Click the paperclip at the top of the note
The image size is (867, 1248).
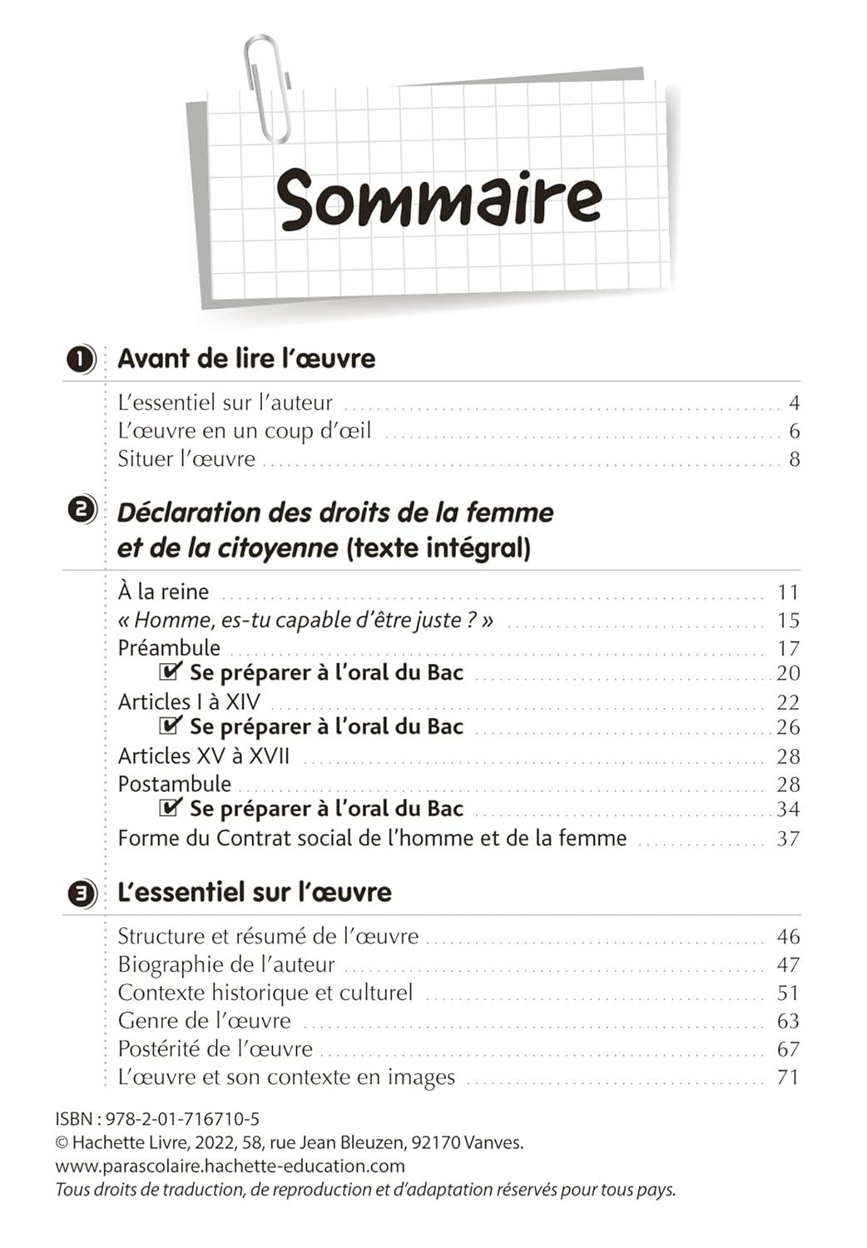pos(268,87)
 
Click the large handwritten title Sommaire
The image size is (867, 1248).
pos(438,200)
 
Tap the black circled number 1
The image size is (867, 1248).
pos(79,359)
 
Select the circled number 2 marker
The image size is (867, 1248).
pos(81,509)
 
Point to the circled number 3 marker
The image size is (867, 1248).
pos(81,894)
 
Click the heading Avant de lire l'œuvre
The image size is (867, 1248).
pos(246,359)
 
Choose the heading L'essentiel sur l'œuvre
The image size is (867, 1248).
pos(255,892)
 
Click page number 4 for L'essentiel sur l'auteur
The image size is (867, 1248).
pos(794,404)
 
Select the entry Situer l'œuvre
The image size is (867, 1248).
pos(186,459)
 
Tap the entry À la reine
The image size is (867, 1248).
pos(163,592)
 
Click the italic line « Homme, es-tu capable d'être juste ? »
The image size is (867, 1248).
pos(305,621)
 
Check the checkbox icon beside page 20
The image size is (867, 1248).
pos(171,671)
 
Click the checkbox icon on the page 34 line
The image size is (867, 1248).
pos(171,807)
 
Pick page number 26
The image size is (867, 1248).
pos(787,727)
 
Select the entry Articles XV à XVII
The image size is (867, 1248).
pos(204,756)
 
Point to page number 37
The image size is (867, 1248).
pos(787,839)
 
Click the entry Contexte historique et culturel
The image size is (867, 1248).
pos(265,993)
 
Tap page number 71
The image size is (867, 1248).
pos(787,1077)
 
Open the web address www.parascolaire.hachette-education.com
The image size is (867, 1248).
pos(230,1166)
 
